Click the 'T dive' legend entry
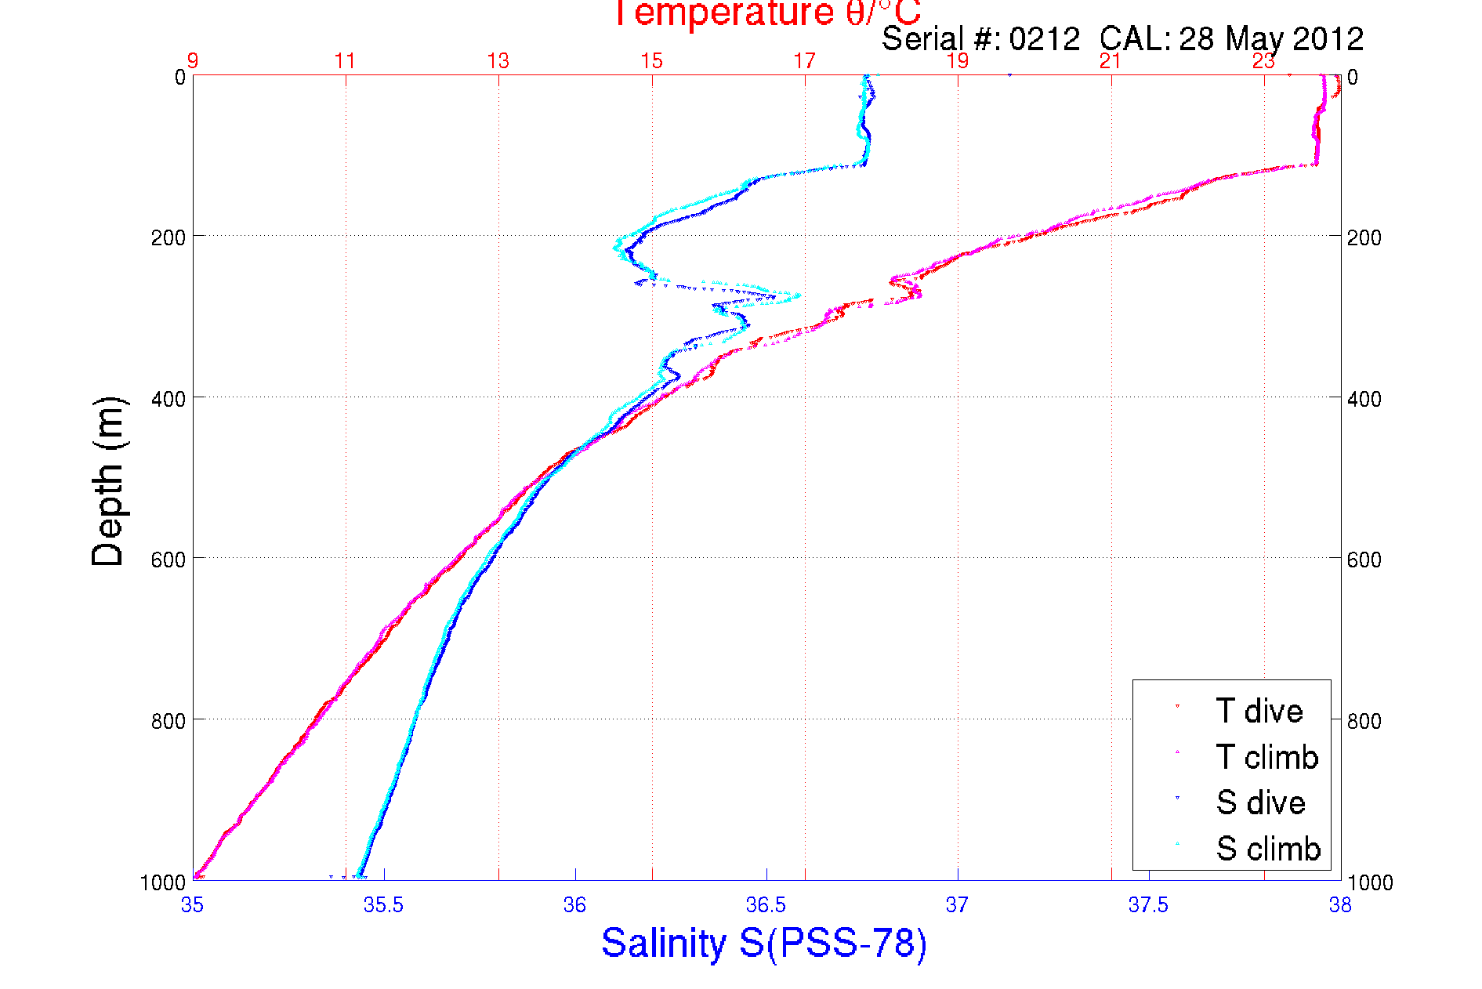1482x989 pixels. (x=1259, y=711)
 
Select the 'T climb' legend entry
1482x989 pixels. (x=1266, y=757)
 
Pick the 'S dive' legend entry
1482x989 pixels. (x=1260, y=802)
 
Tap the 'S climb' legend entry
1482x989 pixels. (x=1268, y=849)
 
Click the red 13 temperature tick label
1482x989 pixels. (x=498, y=60)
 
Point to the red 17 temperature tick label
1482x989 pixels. (x=804, y=60)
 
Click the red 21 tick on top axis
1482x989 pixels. (x=1111, y=60)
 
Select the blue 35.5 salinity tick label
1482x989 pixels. (x=383, y=905)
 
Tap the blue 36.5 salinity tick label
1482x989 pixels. (x=766, y=905)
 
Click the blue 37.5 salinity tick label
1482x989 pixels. (x=1148, y=905)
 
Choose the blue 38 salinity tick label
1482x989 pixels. (x=1340, y=905)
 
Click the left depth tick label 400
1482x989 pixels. (x=168, y=399)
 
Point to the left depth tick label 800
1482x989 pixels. (x=168, y=721)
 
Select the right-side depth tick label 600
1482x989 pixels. (x=1364, y=560)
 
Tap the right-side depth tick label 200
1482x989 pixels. (x=1364, y=237)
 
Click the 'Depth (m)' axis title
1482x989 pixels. (x=108, y=481)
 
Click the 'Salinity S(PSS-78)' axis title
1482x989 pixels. (x=764, y=943)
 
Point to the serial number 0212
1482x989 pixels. (x=1045, y=38)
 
